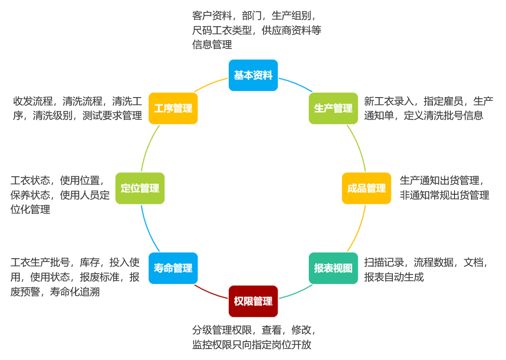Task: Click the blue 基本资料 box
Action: [253, 75]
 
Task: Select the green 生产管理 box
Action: [333, 108]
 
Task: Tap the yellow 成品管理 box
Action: [366, 188]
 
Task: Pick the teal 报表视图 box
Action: [333, 268]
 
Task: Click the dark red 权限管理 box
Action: [253, 301]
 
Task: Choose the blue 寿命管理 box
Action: [173, 268]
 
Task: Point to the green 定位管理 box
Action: [140, 188]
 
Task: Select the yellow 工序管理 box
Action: [173, 108]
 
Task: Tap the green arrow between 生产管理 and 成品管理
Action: [361, 147]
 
